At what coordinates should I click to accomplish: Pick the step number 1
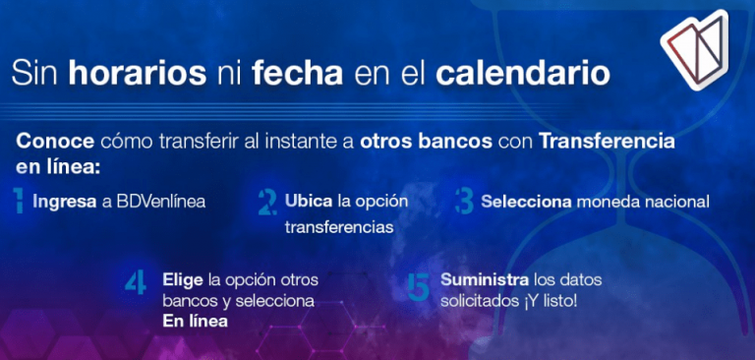click(20, 202)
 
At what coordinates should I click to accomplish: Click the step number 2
click(265, 203)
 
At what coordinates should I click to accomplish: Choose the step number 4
click(136, 283)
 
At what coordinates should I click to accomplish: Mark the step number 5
click(418, 285)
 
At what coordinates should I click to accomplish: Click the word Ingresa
click(64, 202)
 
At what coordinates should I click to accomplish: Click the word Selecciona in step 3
click(527, 202)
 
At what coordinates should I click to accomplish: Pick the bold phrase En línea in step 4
click(195, 322)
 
